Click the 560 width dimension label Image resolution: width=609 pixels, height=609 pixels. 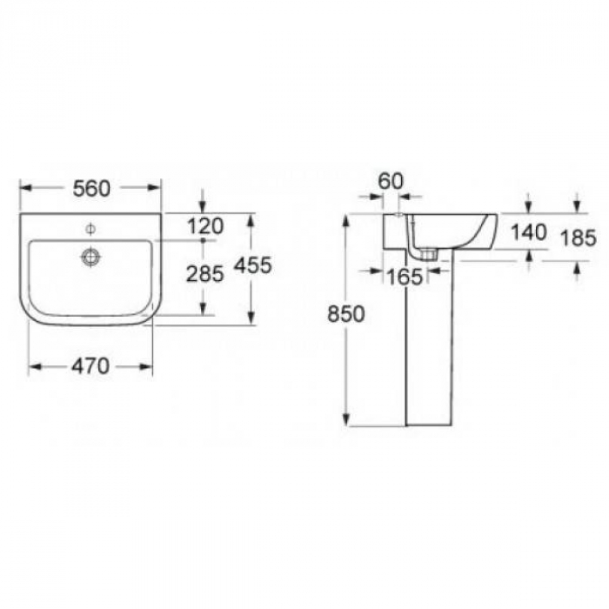(91, 189)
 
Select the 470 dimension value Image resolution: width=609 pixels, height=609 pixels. (90, 366)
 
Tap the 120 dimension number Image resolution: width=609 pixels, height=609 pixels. (205, 226)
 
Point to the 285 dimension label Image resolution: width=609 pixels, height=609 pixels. (205, 274)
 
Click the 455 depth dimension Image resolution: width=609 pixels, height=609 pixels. (253, 265)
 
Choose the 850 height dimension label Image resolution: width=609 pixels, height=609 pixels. (346, 314)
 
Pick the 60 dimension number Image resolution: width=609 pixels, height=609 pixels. (391, 181)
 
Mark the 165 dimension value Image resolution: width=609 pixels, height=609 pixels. (405, 277)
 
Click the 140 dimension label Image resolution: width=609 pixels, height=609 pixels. (529, 232)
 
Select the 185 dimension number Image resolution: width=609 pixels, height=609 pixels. (579, 238)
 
